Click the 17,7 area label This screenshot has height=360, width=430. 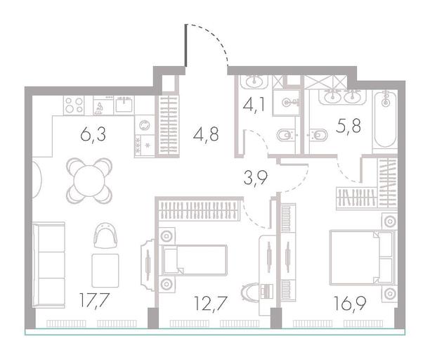tap(94, 301)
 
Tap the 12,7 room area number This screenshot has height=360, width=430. tap(210, 304)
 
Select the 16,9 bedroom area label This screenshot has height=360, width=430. tap(350, 304)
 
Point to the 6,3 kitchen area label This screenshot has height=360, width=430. tap(93, 135)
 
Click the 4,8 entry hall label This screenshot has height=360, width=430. tap(206, 134)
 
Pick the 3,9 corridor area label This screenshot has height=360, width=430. tap(255, 178)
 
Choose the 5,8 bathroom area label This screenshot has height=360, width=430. tap(348, 126)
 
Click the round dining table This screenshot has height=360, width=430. tap(89, 181)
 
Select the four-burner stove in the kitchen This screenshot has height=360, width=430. tap(74, 105)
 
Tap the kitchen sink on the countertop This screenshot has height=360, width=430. tap(124, 104)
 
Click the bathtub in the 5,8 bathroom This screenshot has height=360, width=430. tap(385, 120)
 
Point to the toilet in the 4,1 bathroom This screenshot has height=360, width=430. tap(286, 135)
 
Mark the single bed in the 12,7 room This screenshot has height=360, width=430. tap(195, 260)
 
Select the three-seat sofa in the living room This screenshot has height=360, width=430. tap(48, 265)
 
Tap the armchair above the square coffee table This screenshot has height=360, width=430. tap(105, 236)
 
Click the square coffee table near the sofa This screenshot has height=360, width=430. tap(105, 271)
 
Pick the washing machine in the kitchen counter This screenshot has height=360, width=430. tap(145, 125)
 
